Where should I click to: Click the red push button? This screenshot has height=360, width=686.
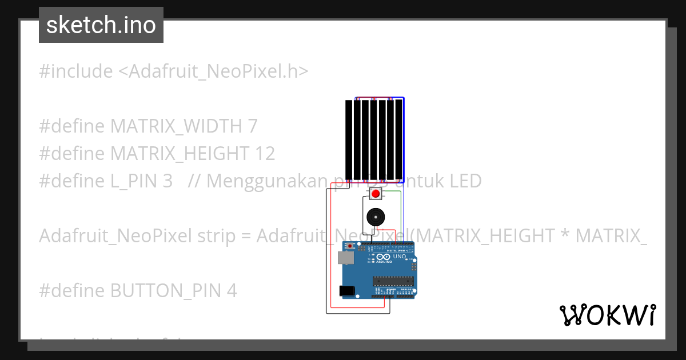pyautogui.click(x=375, y=194)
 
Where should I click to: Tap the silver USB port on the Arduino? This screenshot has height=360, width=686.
pyautogui.click(x=345, y=258)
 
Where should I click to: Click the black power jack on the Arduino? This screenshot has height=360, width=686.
pyautogui.click(x=346, y=291)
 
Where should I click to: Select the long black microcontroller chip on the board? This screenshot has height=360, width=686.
pyautogui.click(x=393, y=280)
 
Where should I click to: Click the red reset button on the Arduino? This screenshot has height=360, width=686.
pyautogui.click(x=350, y=247)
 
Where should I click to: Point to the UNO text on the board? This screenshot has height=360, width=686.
pyautogui.click(x=400, y=257)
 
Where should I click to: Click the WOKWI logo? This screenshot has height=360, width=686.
pyautogui.click(x=607, y=315)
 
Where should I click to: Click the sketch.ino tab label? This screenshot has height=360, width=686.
pyautogui.click(x=101, y=25)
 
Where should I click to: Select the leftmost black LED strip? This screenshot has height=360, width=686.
pyautogui.click(x=349, y=139)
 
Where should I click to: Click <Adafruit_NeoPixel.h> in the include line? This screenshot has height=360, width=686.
pyautogui.click(x=213, y=71)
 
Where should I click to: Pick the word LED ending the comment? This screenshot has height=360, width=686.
pyautogui.click(x=465, y=181)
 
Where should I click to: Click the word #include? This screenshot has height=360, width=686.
pyautogui.click(x=75, y=71)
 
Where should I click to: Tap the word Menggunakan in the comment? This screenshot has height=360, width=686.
pyautogui.click(x=265, y=181)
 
